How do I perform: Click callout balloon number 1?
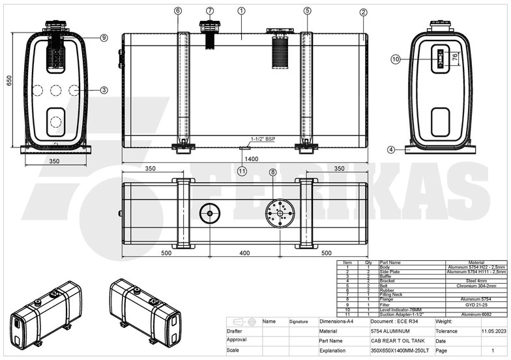tap(241, 11)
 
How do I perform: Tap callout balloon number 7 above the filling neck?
tap(209, 11)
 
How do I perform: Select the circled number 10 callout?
tap(396, 59)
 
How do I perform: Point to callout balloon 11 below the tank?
tap(242, 172)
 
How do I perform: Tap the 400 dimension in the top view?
tap(244, 252)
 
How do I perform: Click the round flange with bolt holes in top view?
tap(280, 213)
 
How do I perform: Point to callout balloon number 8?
tap(272, 172)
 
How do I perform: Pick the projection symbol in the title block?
tap(244, 322)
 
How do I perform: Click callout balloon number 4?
tap(391, 149)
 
